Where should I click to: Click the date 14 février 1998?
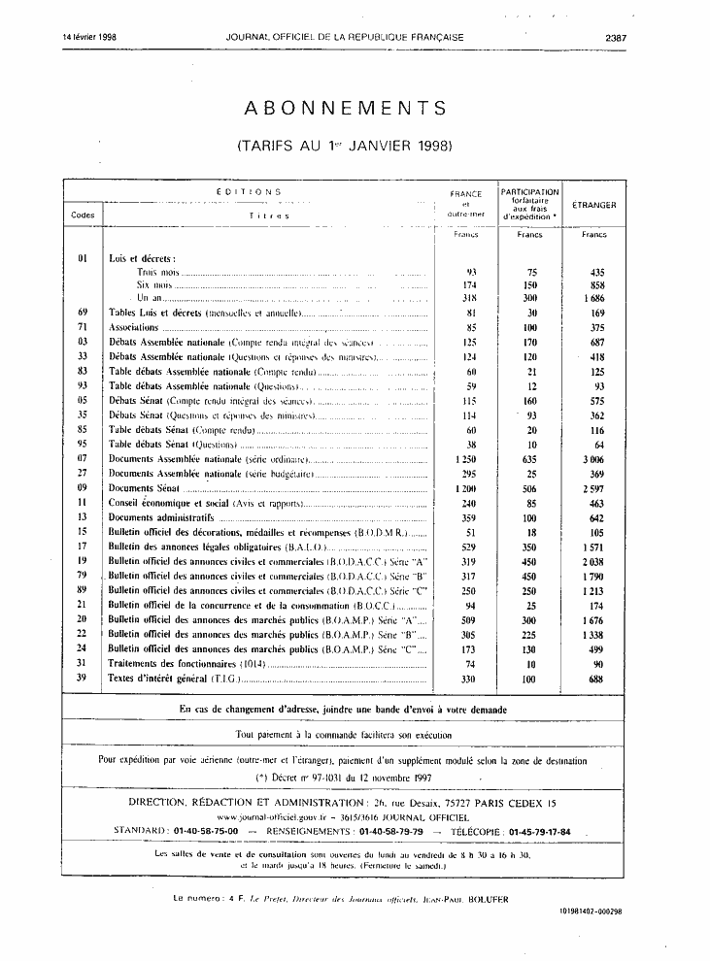pos(89,37)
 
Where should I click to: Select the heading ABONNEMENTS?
pos(346,108)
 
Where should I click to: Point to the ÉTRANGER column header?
pos(593,205)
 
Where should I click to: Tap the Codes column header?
pos(83,215)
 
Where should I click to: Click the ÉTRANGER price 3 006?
pos(592,457)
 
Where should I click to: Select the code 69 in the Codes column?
pos(83,312)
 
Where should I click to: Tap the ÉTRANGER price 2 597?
pos(592,487)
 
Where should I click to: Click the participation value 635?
pos(529,457)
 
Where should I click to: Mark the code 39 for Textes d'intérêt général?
pos(83,678)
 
